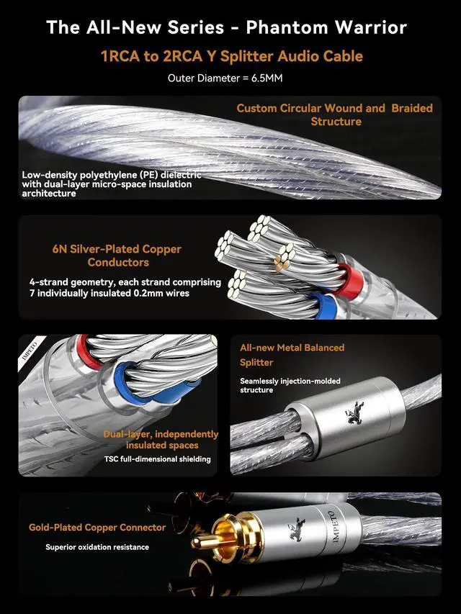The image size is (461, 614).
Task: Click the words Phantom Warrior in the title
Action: click(326, 28)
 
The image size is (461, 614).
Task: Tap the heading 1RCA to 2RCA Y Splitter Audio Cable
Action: click(230, 55)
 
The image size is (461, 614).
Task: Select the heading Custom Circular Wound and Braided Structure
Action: click(335, 114)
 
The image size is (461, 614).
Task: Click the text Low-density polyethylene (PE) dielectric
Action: click(112, 175)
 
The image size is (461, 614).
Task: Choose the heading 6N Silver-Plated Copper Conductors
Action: click(117, 256)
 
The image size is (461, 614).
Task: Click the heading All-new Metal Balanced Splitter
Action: click(292, 355)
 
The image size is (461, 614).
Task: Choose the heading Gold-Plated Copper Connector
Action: click(97, 528)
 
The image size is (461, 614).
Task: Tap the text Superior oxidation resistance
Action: click(97, 547)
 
